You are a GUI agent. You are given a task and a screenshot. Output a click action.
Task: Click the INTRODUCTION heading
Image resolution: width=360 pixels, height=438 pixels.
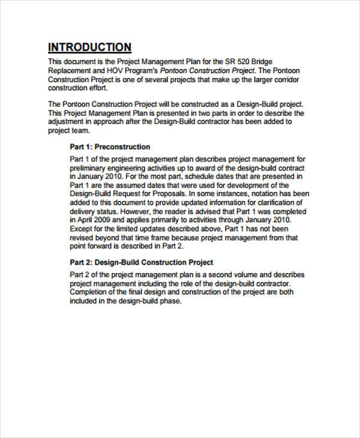89,47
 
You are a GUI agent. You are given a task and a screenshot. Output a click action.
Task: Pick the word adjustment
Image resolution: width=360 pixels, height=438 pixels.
68,121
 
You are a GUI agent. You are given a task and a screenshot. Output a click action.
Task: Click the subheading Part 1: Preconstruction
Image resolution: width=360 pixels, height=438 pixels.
110,146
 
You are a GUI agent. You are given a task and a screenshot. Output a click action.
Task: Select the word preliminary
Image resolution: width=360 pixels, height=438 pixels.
89,168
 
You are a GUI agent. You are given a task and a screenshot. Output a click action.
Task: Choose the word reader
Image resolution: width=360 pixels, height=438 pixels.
178,212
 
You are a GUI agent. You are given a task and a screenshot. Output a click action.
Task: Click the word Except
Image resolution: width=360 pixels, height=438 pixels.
82,229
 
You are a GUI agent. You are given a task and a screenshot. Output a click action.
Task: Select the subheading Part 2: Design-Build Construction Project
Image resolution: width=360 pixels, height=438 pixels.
142,262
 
